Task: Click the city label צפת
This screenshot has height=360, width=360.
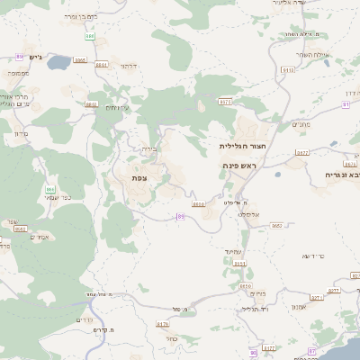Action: [x=139, y=177]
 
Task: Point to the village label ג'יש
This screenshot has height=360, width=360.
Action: [x=35, y=58]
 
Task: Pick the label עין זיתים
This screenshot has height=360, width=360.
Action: [x=117, y=107]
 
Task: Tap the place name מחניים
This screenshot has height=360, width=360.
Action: [x=301, y=124]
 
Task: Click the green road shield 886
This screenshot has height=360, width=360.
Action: [x=90, y=36]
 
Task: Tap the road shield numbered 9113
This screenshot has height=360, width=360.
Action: [x=288, y=68]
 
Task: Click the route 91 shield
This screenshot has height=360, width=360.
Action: [x=346, y=104]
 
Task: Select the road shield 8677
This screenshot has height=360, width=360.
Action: [x=301, y=153]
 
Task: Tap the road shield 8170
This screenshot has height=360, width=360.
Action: [x=163, y=324]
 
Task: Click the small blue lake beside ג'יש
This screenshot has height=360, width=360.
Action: [x=57, y=64]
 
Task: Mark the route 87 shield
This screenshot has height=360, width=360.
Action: [x=312, y=351]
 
